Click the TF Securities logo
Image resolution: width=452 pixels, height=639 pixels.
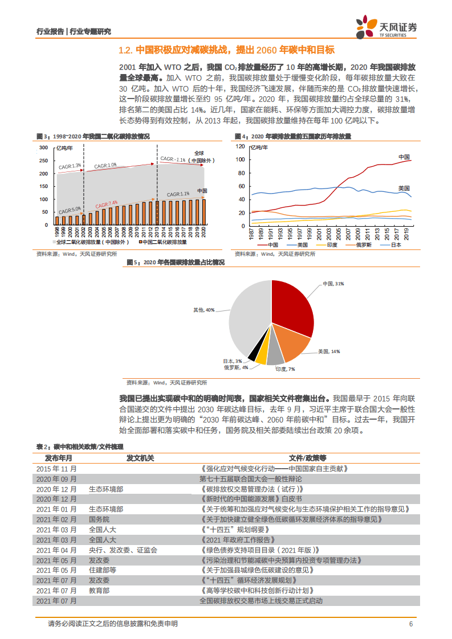tap(387, 26)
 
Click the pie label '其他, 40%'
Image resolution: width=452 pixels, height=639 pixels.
tap(203, 310)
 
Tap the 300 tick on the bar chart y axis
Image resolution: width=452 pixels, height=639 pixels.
tap(43, 148)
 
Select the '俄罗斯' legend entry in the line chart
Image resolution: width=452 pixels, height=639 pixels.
tap(362, 245)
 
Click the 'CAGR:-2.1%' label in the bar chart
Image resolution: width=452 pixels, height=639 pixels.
tap(173, 159)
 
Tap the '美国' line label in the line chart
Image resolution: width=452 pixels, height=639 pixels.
tap(404, 188)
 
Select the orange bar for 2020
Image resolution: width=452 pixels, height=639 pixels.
tap(204, 212)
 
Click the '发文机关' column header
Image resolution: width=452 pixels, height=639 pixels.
tap(140, 457)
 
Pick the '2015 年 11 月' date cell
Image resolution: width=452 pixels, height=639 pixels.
tap(56, 468)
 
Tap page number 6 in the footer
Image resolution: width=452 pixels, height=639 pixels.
tap(410, 624)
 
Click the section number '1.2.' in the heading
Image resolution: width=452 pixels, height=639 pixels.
tap(125, 50)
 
